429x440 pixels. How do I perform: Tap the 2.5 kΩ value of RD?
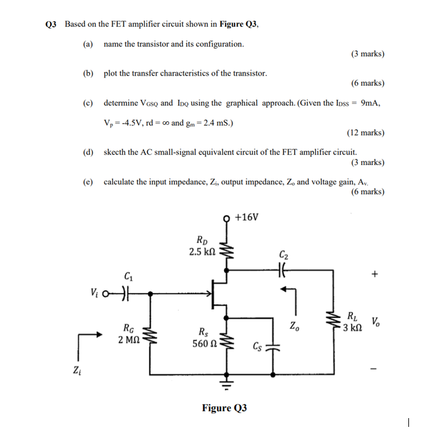(x=203, y=252)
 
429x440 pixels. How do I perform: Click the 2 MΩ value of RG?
(x=128, y=339)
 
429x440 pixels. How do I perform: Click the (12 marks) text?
(x=365, y=132)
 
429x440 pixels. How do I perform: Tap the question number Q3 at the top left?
(x=51, y=24)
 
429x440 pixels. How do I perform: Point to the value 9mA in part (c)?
(x=370, y=103)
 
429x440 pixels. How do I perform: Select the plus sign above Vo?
(x=375, y=274)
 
